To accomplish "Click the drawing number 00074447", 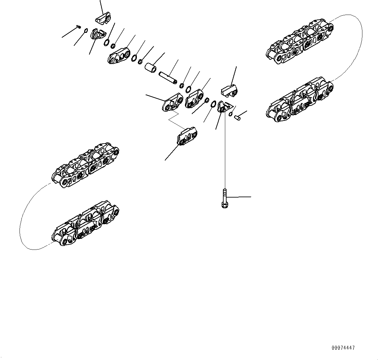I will [343, 348].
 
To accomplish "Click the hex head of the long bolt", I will [224, 205].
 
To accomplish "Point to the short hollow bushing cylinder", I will [150, 68].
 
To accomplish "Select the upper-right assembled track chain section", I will [299, 42].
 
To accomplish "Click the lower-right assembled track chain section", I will [299, 101].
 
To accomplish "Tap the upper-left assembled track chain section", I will [85, 166].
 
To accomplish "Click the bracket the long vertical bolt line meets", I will [224, 107].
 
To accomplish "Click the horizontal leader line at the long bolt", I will [239, 197].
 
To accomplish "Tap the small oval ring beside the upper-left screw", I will [85, 31].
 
